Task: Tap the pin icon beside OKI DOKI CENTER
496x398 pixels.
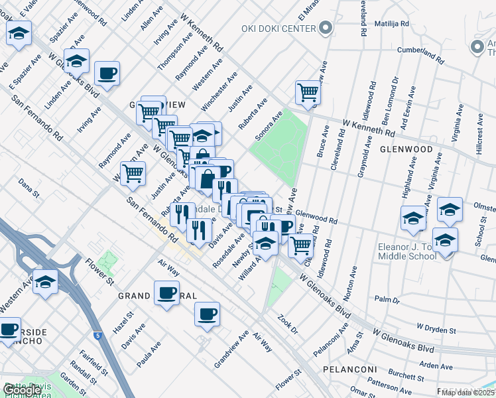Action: (325, 29)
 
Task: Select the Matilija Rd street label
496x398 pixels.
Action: (392, 23)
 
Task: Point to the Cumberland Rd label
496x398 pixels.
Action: (419, 51)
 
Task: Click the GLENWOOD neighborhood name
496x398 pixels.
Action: (411, 149)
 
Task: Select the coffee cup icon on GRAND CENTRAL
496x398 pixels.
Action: (166, 292)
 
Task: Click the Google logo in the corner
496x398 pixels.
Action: (22, 389)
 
